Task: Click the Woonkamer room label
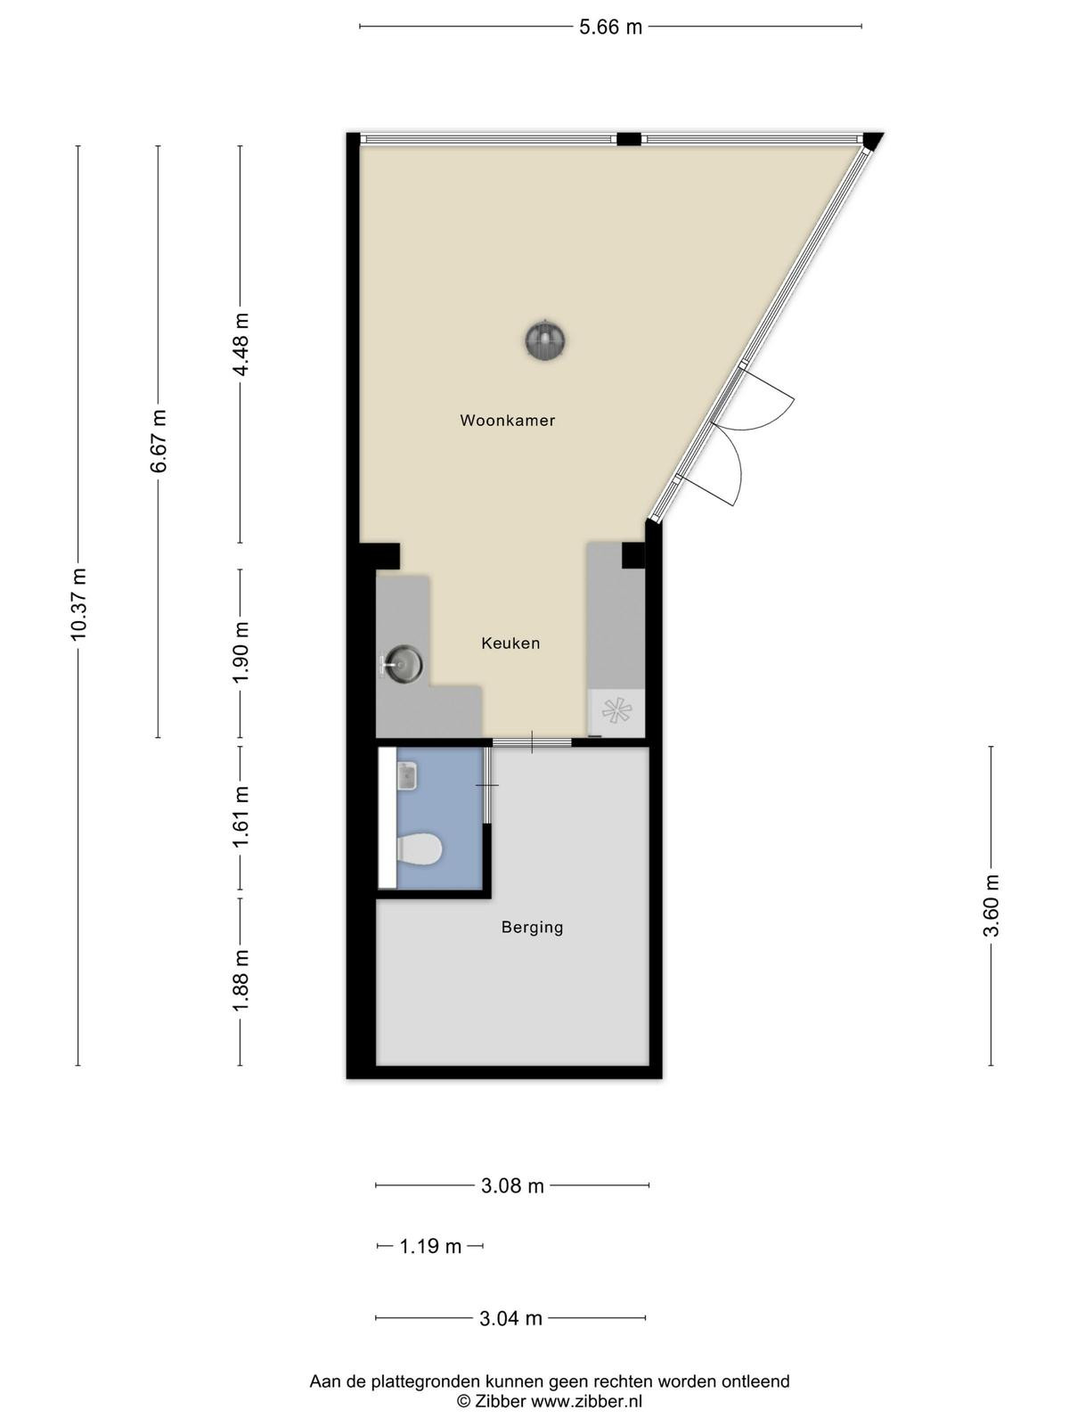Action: point(508,421)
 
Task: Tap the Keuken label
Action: point(510,643)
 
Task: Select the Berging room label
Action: point(532,927)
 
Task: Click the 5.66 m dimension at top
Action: point(611,27)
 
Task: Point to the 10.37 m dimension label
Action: point(78,604)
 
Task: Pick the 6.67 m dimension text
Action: point(159,441)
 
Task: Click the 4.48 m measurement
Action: point(241,345)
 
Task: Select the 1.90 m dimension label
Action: point(241,652)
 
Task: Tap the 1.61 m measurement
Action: point(241,816)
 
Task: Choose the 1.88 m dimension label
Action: point(241,981)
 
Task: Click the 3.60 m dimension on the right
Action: point(991,906)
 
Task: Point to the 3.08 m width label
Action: point(512,1185)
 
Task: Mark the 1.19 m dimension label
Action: point(430,1246)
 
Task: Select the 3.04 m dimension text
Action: point(510,1318)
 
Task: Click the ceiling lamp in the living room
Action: point(545,340)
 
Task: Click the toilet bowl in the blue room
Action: point(420,849)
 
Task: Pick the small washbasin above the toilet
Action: point(407,776)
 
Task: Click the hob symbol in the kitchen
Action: point(616,710)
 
